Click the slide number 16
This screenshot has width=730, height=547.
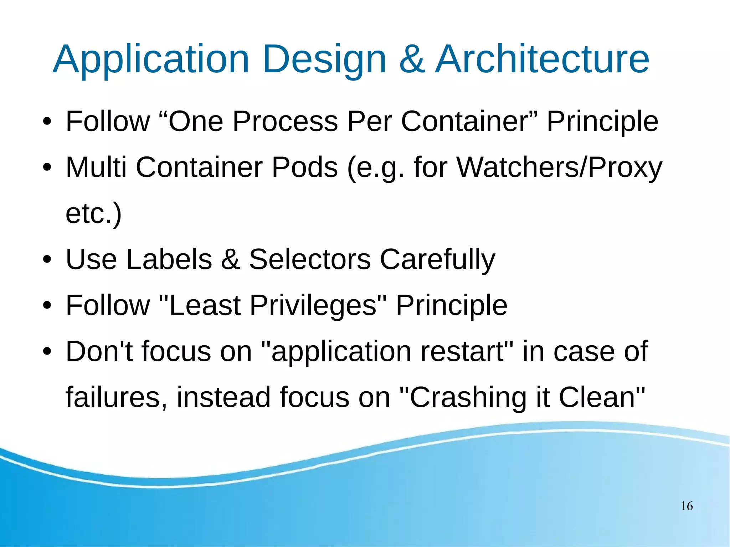click(687, 506)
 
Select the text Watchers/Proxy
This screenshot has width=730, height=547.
click(559, 167)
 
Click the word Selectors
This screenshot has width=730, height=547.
click(310, 259)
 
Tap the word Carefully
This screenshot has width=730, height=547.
click(437, 259)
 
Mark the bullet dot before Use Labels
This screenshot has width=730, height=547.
click(47, 259)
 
